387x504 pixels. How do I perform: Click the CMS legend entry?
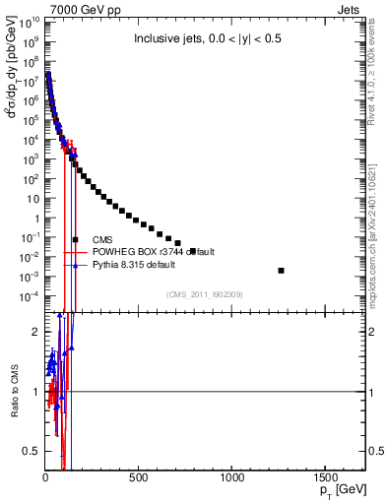[x=101, y=239]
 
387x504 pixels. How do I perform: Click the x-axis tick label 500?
[x=139, y=477]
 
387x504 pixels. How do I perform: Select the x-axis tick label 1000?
[x=233, y=477]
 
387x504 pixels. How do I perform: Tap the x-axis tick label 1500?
[x=327, y=477]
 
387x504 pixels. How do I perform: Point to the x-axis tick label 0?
[x=45, y=477]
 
